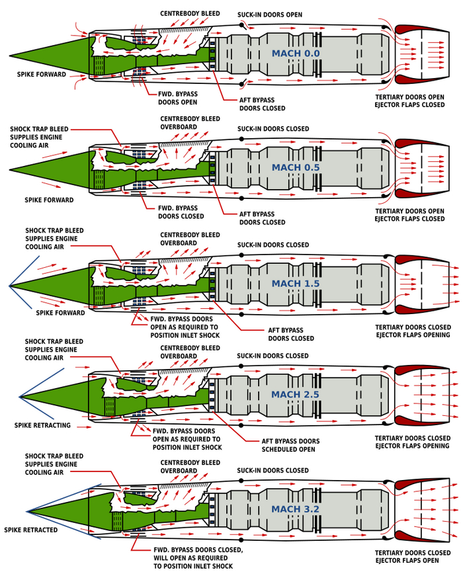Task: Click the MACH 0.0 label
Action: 295,53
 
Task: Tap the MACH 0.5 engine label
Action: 295,167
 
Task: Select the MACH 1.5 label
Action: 295,283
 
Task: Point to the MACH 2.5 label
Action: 295,395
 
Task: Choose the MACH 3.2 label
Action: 295,509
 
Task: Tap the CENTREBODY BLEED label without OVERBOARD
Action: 190,13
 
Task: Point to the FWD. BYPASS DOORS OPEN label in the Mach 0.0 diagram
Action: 177,98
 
